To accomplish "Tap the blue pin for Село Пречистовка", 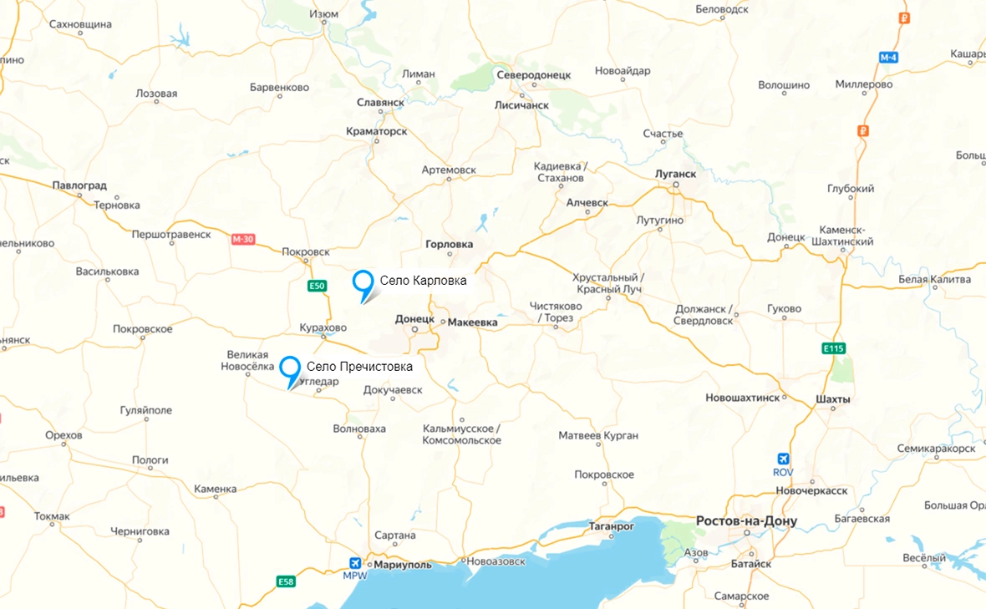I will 290,368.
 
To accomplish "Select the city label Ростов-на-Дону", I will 746,521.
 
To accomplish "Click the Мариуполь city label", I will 403,564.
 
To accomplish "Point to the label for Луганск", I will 676,174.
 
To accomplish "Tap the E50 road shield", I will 316,286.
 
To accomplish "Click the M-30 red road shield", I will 242,240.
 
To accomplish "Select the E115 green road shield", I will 832,348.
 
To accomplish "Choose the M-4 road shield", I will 888,58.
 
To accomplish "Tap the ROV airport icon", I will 783,459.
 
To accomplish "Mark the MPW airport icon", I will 356,563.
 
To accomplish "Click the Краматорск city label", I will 377,132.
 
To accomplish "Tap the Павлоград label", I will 79,185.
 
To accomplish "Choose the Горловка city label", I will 449,245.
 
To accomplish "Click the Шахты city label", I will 832,399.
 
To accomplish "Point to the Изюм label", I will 323,14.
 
